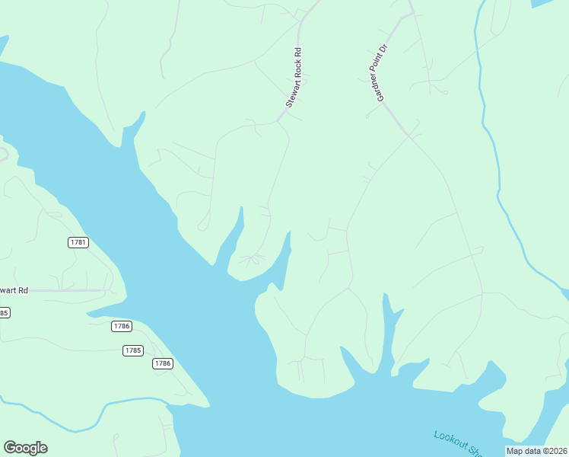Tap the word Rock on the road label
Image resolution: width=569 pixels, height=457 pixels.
coord(296,69)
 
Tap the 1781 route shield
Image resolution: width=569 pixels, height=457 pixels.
coord(78,242)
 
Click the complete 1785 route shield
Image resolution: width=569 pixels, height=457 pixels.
coord(132,350)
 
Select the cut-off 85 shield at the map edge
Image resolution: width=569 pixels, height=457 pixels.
coord(4,313)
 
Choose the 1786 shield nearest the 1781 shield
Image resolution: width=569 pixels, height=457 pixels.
coord(121,326)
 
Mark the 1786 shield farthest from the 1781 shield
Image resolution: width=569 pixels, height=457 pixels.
coord(162,363)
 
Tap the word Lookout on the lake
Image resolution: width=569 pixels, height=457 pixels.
coord(449,439)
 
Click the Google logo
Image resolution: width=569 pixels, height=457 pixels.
coord(25,448)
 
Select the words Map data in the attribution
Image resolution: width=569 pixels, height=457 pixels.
coord(523,451)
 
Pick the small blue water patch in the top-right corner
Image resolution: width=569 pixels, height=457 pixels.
coord(542,3)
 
